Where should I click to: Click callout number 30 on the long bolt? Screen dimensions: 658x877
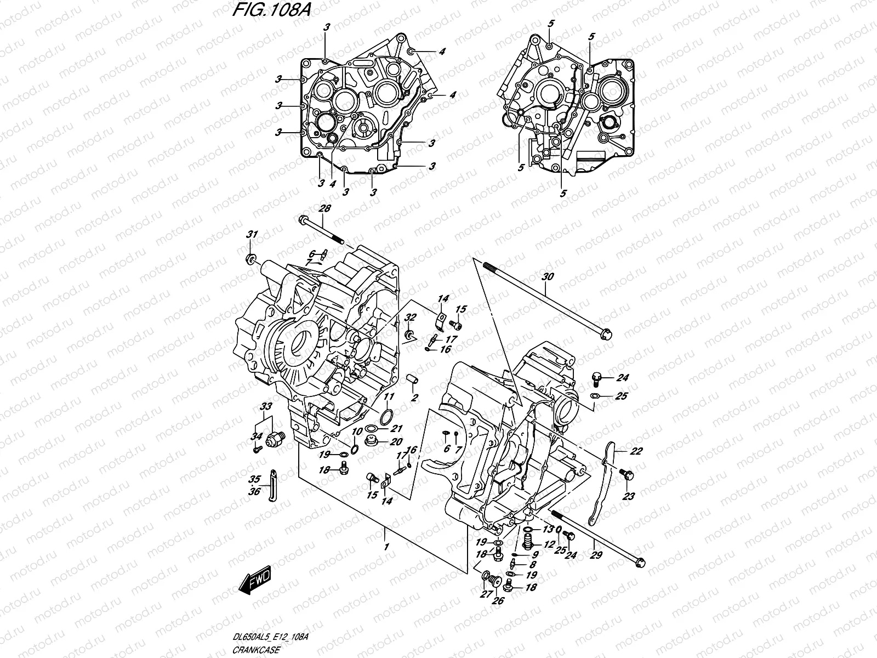pyautogui.click(x=545, y=277)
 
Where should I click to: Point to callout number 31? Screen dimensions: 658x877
pyautogui.click(x=252, y=235)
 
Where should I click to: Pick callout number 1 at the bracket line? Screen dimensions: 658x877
pyautogui.click(x=386, y=547)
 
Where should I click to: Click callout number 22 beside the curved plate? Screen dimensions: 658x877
pyautogui.click(x=620, y=451)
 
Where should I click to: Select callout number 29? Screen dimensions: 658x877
pyautogui.click(x=596, y=555)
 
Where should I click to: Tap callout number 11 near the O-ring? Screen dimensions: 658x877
pyautogui.click(x=388, y=396)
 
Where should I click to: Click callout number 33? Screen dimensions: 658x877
pyautogui.click(x=266, y=406)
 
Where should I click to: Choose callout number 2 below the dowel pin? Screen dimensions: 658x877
pyautogui.click(x=414, y=398)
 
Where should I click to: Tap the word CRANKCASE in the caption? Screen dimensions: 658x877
pyautogui.click(x=257, y=650)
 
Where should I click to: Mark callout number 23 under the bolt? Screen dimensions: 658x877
pyautogui.click(x=628, y=496)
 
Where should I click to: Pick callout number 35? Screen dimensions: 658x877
pyautogui.click(x=254, y=477)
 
